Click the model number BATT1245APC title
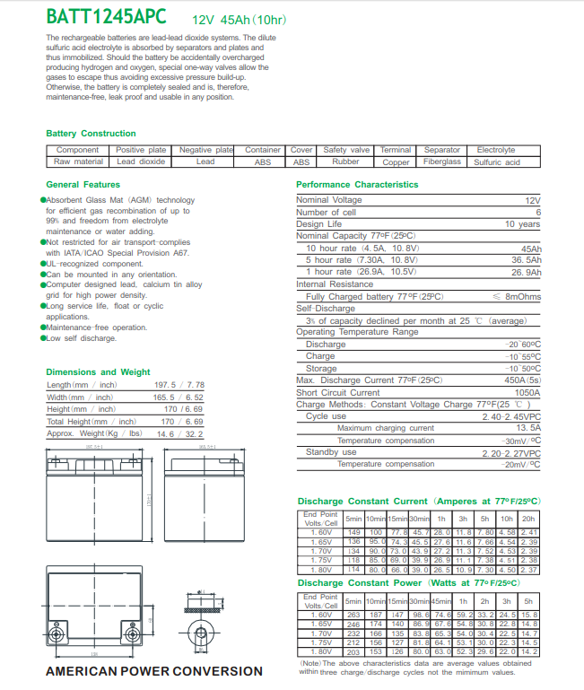[x=109, y=17]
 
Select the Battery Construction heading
[x=91, y=134]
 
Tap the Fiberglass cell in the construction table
[x=441, y=162]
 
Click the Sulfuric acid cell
[x=496, y=162]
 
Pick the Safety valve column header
[x=346, y=150]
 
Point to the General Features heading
[x=83, y=185]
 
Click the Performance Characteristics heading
[x=357, y=185]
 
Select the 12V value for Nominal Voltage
[x=532, y=200]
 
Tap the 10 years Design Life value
[x=522, y=224]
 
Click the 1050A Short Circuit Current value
[x=527, y=392]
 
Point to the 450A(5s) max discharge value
[x=520, y=380]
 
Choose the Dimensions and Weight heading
[x=98, y=371]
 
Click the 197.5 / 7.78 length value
[x=179, y=385]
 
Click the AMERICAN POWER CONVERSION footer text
[x=153, y=671]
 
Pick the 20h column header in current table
[x=529, y=519]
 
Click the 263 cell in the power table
[x=353, y=615]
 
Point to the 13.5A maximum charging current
[x=527, y=428]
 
